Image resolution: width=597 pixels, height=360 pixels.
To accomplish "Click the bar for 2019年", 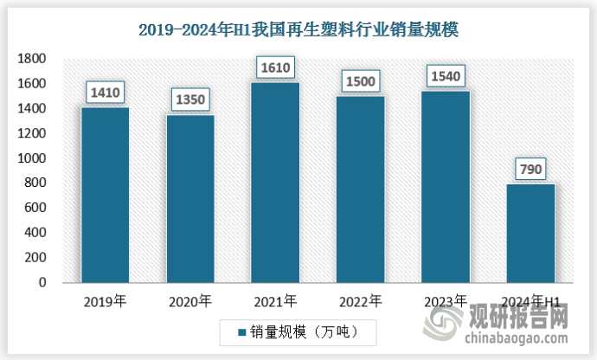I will [x=105, y=195].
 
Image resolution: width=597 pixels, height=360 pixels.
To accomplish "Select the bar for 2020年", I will [x=190, y=198].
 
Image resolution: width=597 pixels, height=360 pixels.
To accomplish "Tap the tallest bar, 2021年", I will [x=275, y=182].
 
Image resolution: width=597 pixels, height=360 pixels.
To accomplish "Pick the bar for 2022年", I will [x=361, y=189].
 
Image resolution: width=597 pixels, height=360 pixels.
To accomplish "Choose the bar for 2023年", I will [x=446, y=186].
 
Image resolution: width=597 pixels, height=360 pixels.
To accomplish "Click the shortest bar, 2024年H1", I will [x=531, y=233].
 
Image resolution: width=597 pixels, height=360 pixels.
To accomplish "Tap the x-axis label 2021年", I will [x=275, y=301].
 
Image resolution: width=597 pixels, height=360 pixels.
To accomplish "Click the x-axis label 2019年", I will [x=105, y=301].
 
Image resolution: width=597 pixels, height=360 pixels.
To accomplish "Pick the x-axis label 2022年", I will [x=361, y=301].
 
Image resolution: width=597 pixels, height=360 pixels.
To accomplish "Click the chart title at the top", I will [x=298, y=29].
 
